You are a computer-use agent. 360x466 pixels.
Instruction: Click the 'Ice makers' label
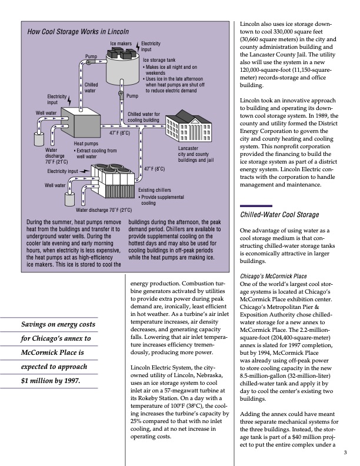[x=121, y=44]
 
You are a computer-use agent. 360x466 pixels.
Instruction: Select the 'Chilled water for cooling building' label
[x=144, y=116]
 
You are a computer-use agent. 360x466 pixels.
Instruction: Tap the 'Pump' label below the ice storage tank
[x=132, y=95]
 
